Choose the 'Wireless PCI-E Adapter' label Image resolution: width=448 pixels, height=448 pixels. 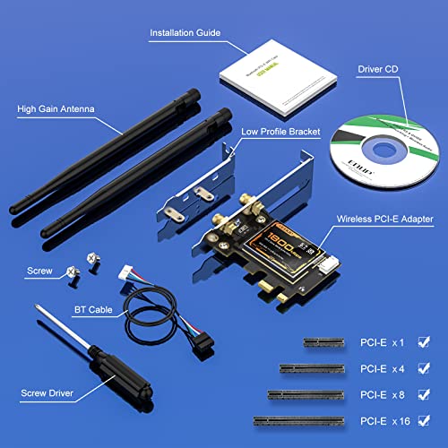pyautogui.click(x=385, y=218)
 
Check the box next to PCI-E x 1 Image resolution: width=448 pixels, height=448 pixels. pyautogui.click(x=424, y=341)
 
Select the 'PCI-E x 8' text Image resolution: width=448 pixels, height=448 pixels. pyautogui.click(x=383, y=392)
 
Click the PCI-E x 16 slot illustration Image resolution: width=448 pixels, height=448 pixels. pyautogui.click(x=297, y=418)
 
